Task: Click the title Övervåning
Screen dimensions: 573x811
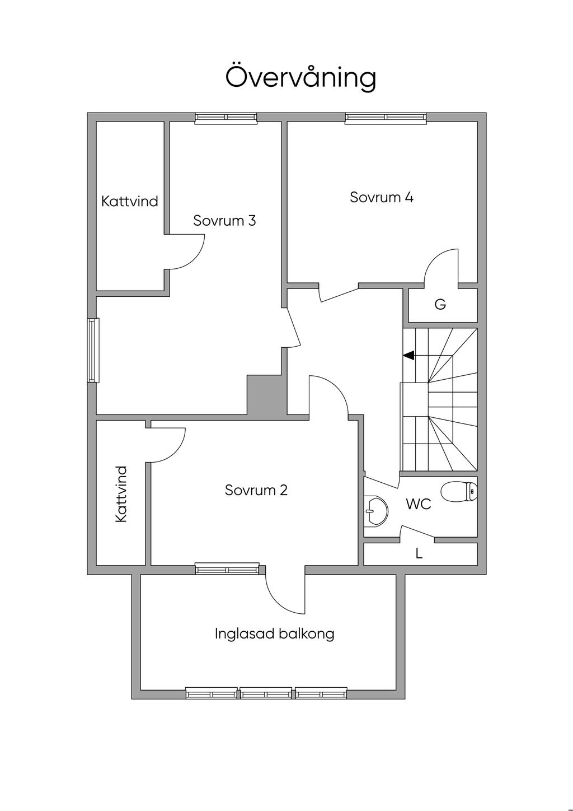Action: pyautogui.click(x=300, y=77)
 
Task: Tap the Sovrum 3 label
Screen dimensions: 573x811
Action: pyautogui.click(x=224, y=221)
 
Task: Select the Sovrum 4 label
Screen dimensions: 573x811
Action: pyautogui.click(x=382, y=197)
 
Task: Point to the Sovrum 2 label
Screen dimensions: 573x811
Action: pyautogui.click(x=256, y=490)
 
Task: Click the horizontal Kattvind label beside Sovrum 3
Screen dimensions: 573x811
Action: pyautogui.click(x=130, y=201)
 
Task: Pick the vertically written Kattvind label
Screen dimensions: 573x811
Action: pyautogui.click(x=121, y=495)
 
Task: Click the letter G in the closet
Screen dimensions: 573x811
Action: pyautogui.click(x=440, y=305)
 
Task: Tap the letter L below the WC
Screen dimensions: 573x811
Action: pyautogui.click(x=419, y=554)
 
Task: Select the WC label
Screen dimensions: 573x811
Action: pyautogui.click(x=419, y=504)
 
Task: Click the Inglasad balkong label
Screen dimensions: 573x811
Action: pyautogui.click(x=275, y=633)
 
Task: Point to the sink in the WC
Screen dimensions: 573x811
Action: pyautogui.click(x=375, y=511)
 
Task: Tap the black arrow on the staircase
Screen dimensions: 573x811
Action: pyautogui.click(x=408, y=355)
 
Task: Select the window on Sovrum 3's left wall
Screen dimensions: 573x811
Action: pyautogui.click(x=93, y=351)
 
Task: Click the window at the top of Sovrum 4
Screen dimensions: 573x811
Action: pyautogui.click(x=386, y=118)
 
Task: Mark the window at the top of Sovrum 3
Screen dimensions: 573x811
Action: pyautogui.click(x=226, y=118)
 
